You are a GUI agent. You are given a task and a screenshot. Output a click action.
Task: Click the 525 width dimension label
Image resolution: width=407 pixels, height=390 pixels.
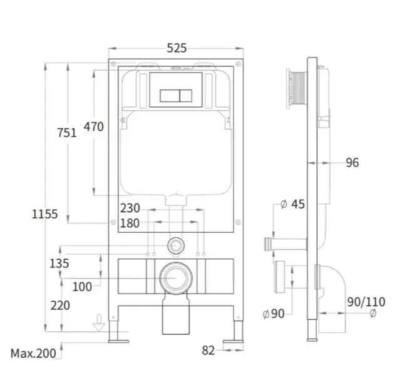(x=177, y=48)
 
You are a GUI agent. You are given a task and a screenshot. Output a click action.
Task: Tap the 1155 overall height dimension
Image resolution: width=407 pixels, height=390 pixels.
(x=44, y=214)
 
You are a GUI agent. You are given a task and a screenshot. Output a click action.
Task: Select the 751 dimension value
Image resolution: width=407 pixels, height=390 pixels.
(x=67, y=133)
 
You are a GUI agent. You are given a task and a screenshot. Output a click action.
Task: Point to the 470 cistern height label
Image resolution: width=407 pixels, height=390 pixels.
(x=93, y=126)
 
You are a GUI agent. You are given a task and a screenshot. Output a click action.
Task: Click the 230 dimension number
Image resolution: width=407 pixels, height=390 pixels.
(x=130, y=208)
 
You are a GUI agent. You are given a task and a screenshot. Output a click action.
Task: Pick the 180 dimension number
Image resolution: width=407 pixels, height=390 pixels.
(x=130, y=223)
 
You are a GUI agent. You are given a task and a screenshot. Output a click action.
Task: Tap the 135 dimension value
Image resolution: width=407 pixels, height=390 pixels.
(x=59, y=264)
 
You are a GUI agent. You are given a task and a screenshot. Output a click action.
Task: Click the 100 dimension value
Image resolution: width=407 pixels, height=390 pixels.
(x=82, y=287)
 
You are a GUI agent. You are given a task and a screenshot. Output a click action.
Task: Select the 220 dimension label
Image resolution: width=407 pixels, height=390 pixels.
(x=60, y=305)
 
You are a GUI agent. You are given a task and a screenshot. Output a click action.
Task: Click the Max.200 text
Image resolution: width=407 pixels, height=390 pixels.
(x=33, y=353)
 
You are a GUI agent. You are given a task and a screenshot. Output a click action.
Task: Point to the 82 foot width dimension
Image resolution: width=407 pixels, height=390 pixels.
(x=208, y=351)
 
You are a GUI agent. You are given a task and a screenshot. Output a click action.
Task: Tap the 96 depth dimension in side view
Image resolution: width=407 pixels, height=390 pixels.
(x=353, y=163)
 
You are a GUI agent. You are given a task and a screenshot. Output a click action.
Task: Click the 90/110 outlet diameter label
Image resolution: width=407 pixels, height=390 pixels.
(x=366, y=302)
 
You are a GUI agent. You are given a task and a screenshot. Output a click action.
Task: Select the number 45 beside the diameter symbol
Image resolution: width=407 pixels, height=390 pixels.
(x=298, y=204)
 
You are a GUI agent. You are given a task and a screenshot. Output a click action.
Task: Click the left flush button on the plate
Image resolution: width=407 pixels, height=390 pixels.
(x=170, y=96)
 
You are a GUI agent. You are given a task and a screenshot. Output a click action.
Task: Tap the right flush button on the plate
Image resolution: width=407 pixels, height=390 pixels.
(x=186, y=96)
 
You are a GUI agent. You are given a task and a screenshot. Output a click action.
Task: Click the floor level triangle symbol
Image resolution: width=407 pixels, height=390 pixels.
(x=99, y=327)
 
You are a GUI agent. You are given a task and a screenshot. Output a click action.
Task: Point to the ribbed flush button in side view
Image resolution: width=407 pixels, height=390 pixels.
(x=297, y=88)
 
